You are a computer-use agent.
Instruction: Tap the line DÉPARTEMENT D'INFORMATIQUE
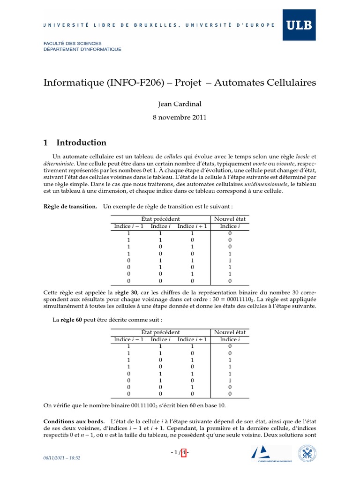(x=82, y=49)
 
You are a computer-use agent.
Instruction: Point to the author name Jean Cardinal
(x=180, y=105)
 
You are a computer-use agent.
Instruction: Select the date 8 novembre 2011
(x=180, y=118)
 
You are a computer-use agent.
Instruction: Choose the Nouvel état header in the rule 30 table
(x=230, y=219)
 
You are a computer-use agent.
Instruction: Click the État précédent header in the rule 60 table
(x=160, y=332)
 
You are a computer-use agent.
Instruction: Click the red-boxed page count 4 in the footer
(x=184, y=452)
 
